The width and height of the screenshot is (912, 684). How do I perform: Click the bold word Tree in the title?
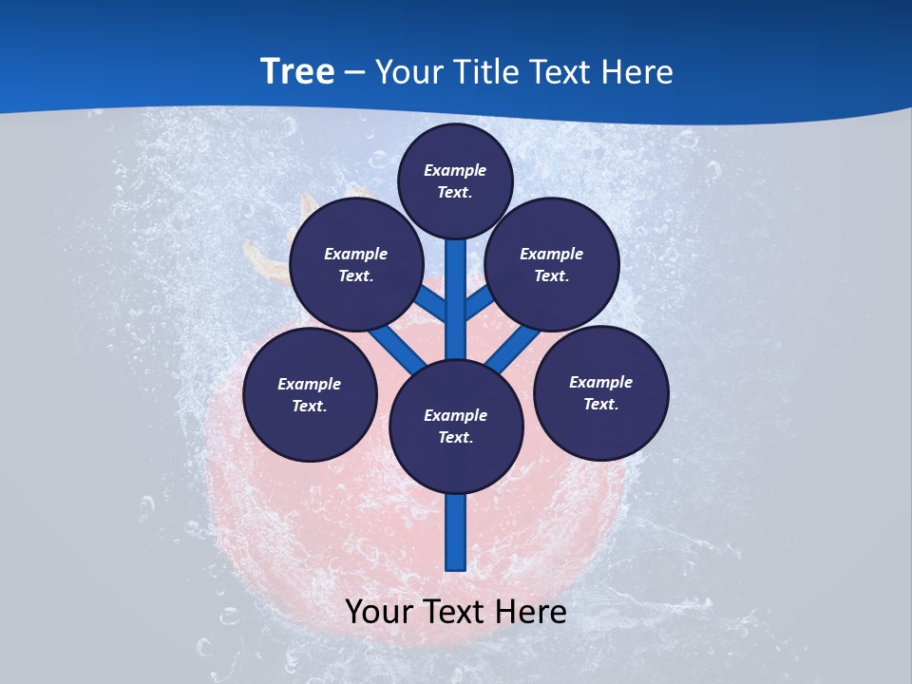click(297, 72)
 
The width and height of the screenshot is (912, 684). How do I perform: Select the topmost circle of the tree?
click(455, 180)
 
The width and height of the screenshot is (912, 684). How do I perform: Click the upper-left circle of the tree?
click(356, 265)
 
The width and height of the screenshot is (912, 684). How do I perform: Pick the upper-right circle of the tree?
click(552, 265)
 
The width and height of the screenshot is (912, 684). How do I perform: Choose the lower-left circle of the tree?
click(310, 395)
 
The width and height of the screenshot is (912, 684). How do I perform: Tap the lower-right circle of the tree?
click(601, 393)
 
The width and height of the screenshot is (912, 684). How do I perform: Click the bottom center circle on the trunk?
click(456, 427)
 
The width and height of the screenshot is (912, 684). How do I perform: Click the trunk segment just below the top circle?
click(456, 275)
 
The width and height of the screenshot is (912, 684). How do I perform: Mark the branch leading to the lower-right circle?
click(514, 350)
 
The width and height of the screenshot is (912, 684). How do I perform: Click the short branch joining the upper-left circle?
click(432, 303)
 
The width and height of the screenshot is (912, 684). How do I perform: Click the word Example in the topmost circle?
click(455, 170)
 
